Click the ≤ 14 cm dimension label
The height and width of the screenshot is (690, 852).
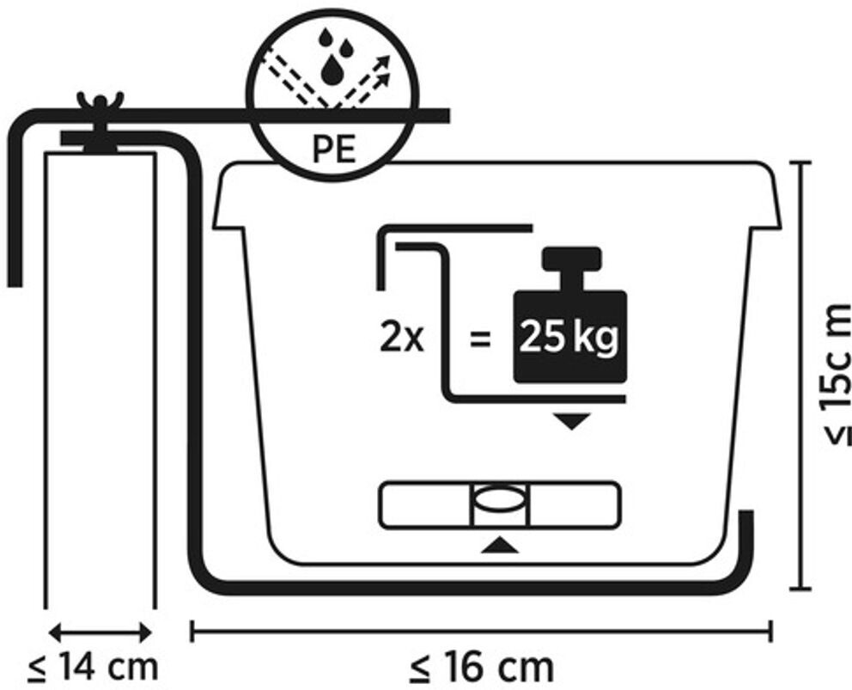tap(95, 666)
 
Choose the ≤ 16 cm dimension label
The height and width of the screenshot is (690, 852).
tap(481, 666)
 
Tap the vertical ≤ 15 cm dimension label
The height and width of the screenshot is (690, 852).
tap(833, 374)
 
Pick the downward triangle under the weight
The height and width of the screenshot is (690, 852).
tap(570, 421)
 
